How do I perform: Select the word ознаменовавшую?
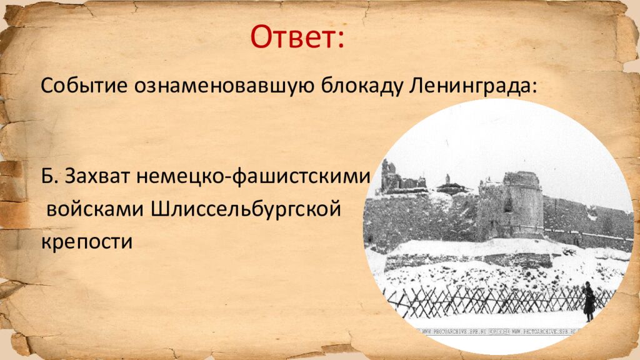pos(221,85)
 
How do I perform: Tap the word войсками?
pos(95,209)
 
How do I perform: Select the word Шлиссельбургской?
pos(247,209)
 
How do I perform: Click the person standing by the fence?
pos(589,301)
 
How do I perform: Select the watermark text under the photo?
pos(500,331)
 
